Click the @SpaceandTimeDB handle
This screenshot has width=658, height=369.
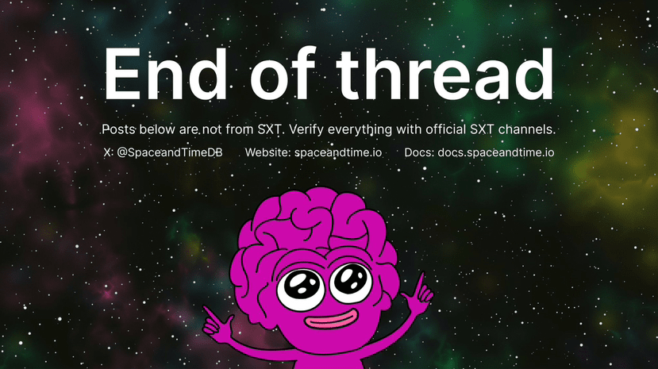click(x=170, y=152)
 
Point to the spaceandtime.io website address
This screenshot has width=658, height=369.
click(x=338, y=152)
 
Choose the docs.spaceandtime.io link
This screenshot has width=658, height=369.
click(x=495, y=152)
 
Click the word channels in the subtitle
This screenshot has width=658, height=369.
click(x=527, y=129)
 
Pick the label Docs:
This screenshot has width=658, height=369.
click(x=419, y=152)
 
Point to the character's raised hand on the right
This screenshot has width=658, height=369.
click(x=418, y=290)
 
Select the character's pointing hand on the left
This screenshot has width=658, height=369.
click(x=217, y=322)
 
